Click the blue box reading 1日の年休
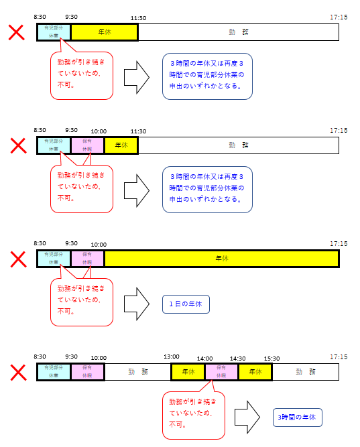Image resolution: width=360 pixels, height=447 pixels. (x=186, y=304)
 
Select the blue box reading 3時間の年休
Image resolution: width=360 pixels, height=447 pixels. (x=298, y=418)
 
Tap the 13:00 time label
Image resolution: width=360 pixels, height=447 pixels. (x=172, y=357)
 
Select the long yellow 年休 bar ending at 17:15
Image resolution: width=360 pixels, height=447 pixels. (x=221, y=258)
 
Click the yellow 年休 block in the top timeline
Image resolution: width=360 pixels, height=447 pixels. (x=104, y=32)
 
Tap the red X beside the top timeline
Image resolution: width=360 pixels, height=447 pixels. (x=17, y=32)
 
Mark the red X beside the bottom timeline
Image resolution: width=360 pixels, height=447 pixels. (x=17, y=372)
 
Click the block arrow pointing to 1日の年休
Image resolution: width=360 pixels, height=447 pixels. (x=137, y=304)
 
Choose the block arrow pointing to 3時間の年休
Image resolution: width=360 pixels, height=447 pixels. (x=247, y=417)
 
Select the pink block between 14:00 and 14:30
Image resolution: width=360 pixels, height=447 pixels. (x=221, y=372)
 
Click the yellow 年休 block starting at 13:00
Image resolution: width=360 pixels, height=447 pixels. (x=188, y=372)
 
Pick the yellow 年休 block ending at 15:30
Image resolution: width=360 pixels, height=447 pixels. (x=254, y=372)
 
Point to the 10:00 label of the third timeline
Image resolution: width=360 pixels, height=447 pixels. (x=99, y=245)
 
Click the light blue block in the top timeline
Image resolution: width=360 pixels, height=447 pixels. (x=54, y=32)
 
